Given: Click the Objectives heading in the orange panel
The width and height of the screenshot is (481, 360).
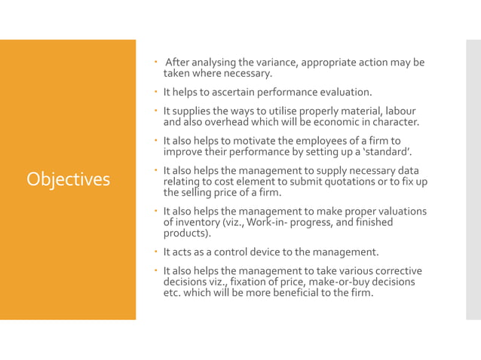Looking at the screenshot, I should point(68,179).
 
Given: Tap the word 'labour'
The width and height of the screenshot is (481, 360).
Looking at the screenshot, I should point(400,111).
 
